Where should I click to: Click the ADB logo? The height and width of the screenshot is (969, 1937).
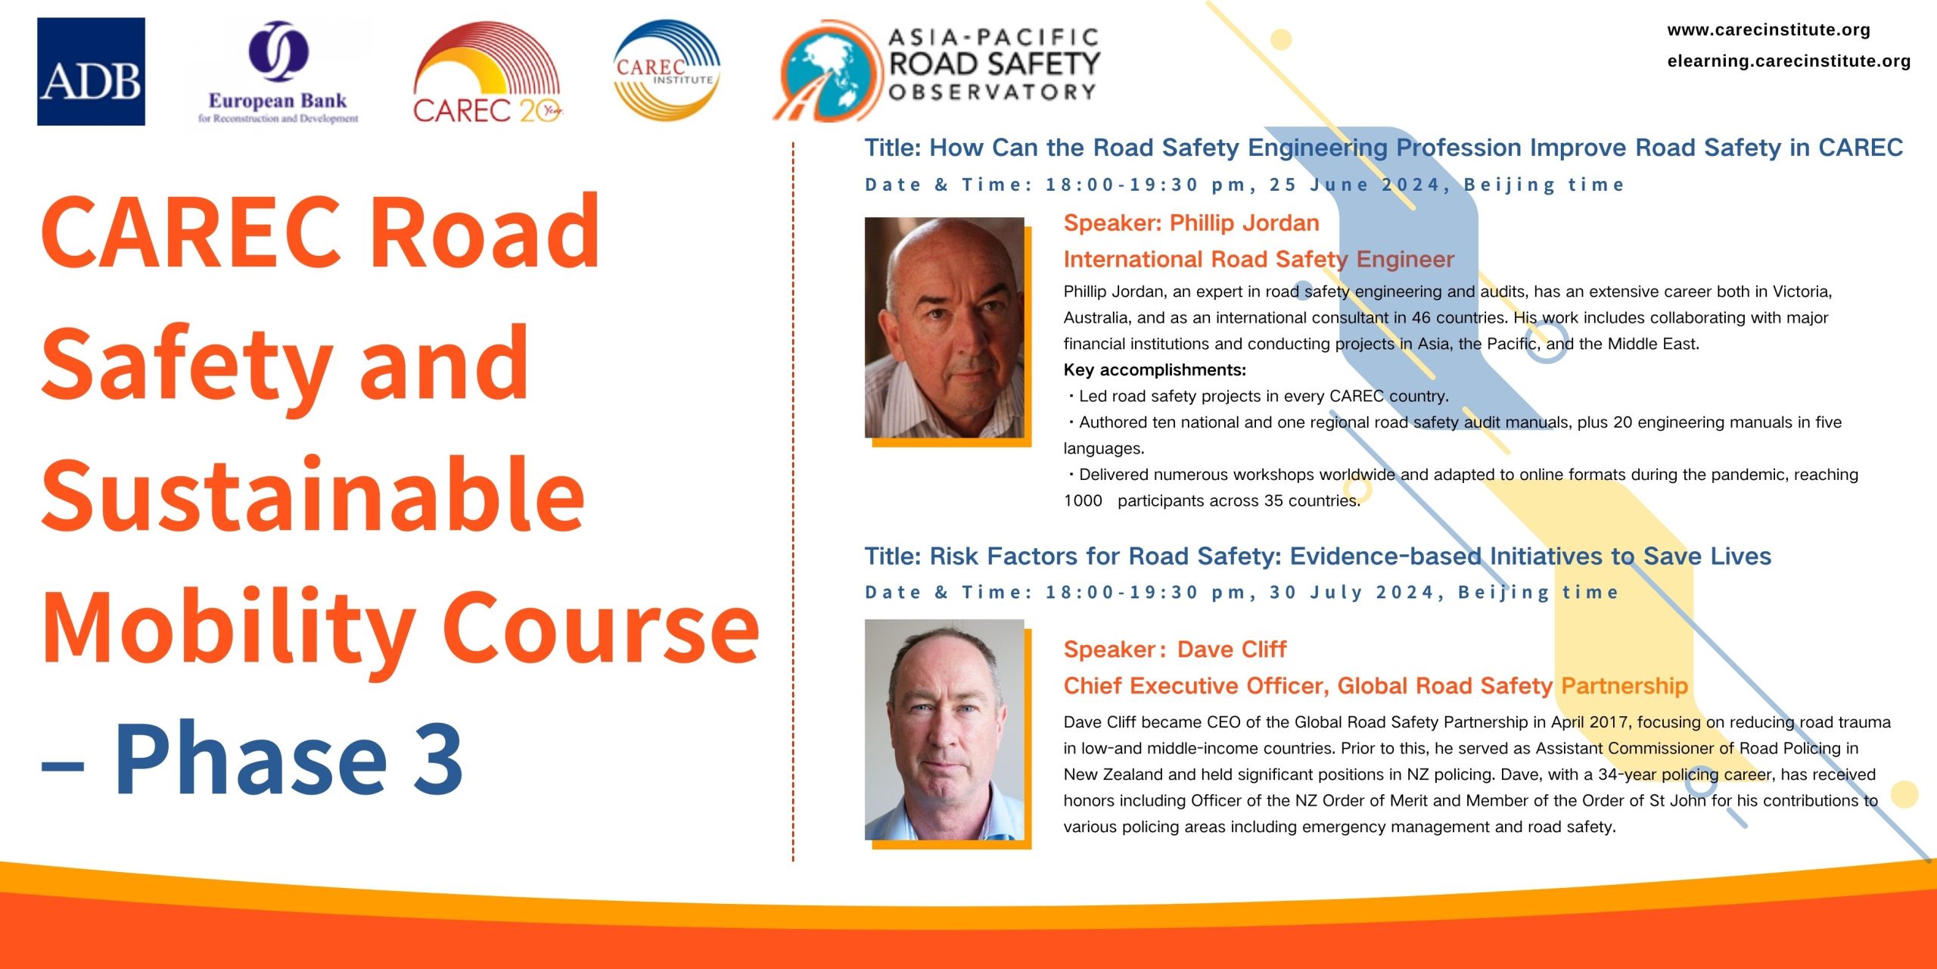tap(91, 72)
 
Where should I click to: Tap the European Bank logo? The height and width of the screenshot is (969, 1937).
tap(278, 73)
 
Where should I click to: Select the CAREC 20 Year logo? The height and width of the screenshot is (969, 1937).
tap(487, 73)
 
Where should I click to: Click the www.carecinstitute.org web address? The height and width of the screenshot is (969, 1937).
tap(1768, 30)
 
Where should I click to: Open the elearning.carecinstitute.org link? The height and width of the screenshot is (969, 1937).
tap(1789, 61)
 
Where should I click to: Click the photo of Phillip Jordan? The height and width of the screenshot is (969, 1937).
tap(944, 328)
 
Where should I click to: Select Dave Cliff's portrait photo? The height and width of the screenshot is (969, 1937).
tap(944, 730)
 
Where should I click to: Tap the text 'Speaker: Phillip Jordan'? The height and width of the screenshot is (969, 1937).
tap(1191, 223)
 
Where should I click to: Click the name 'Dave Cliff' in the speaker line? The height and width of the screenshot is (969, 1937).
tap(1232, 650)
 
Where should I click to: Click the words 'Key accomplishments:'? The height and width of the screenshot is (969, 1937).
tap(1155, 370)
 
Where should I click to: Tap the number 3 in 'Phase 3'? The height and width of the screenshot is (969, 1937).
tap(439, 759)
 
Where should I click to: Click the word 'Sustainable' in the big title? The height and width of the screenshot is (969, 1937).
tap(313, 495)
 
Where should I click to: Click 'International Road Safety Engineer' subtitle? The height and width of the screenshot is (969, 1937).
tap(1258, 260)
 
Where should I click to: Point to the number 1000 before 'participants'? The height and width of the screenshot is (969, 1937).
tap(1083, 501)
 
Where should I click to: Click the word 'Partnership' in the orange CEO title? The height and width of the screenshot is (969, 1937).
tap(1625, 686)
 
